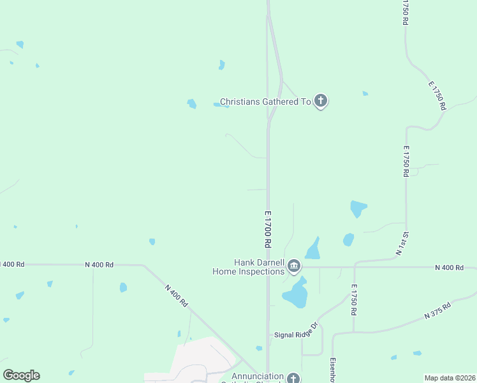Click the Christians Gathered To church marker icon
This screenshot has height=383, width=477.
coord(321,101)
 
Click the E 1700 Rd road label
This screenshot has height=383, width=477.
coord(268,229)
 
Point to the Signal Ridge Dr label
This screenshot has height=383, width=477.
coord(295,334)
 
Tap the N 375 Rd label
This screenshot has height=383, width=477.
coord(437,311)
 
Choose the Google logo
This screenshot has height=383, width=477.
coord(21,375)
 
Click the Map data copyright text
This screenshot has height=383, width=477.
coord(450,377)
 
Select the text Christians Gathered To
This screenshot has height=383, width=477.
coord(265,101)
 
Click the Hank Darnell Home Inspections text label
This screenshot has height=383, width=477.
coord(249,267)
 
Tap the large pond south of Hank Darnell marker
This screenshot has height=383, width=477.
coord(295,294)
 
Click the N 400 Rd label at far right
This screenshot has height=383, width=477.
coord(449,267)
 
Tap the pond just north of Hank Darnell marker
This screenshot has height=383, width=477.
coord(312,249)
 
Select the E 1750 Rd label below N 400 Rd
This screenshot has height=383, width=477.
coord(353,299)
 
